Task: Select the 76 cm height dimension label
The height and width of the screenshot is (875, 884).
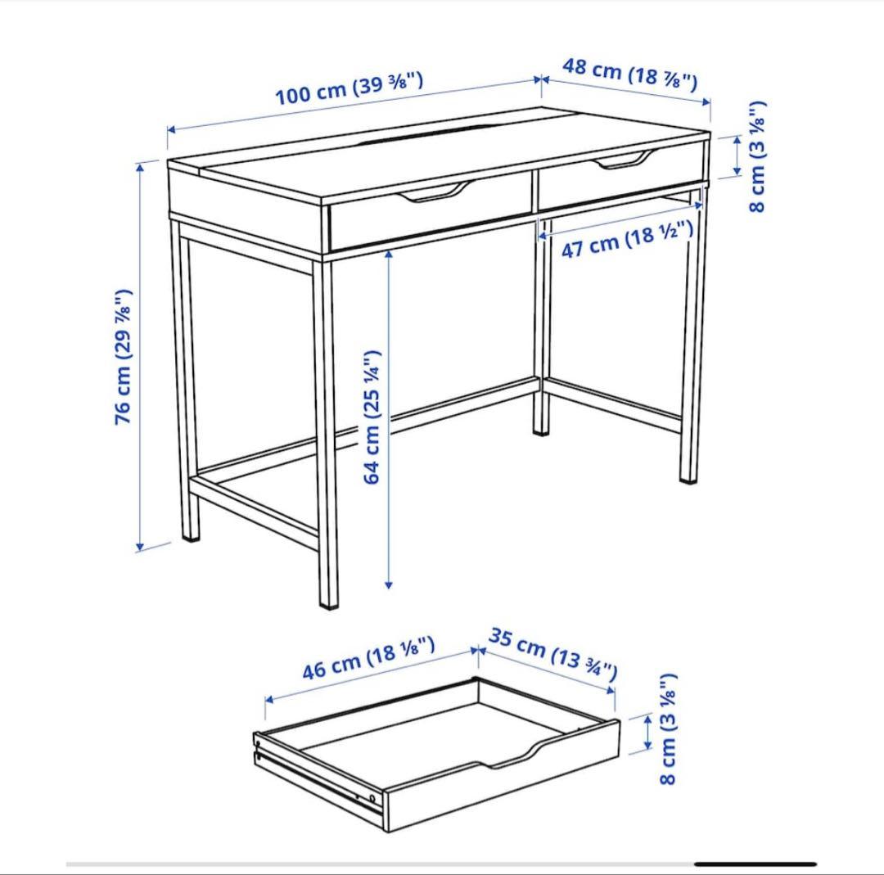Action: click(x=124, y=356)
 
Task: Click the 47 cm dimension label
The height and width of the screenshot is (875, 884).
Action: click(x=627, y=240)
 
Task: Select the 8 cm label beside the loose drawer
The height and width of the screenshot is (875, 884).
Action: click(x=669, y=729)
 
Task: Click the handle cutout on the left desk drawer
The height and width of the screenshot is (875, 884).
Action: click(x=435, y=193)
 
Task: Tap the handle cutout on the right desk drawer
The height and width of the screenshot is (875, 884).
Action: click(x=627, y=160)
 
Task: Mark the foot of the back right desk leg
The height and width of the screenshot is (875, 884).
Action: click(x=689, y=477)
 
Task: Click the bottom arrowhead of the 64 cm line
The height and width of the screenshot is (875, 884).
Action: click(x=389, y=584)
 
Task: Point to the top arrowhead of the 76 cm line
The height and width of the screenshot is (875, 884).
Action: click(x=141, y=165)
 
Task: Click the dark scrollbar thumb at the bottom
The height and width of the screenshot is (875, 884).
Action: click(x=755, y=864)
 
